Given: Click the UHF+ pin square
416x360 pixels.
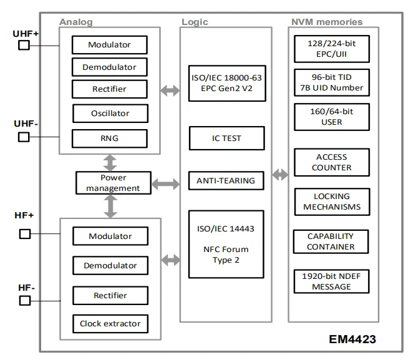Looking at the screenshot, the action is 24,45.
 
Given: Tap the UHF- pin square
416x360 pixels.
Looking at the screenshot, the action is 24,137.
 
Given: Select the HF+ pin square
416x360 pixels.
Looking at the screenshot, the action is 25,234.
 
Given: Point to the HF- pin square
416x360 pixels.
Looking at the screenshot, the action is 25,301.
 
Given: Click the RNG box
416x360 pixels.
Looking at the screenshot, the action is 110,139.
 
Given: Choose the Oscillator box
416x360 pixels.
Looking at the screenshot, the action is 110,114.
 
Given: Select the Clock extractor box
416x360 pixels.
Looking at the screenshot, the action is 110,324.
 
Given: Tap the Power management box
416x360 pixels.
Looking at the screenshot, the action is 114,183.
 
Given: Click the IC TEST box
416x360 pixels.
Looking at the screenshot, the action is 227,139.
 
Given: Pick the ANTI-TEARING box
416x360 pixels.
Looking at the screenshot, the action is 226,181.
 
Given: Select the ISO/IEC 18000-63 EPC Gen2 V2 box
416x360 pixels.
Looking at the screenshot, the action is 227,84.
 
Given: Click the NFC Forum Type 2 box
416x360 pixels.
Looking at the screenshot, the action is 226,244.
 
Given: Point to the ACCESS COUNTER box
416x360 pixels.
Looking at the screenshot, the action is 332,162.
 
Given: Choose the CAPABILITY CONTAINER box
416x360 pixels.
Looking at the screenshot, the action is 331,241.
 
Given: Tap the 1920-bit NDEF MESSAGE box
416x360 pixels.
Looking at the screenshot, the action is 331,281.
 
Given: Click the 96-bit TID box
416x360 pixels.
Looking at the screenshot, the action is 332,82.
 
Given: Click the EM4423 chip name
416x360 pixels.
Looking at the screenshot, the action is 352,339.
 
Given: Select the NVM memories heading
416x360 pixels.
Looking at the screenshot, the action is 327,22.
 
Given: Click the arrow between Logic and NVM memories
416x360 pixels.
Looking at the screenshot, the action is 280,175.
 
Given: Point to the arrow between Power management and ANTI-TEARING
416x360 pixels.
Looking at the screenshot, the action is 165,184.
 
